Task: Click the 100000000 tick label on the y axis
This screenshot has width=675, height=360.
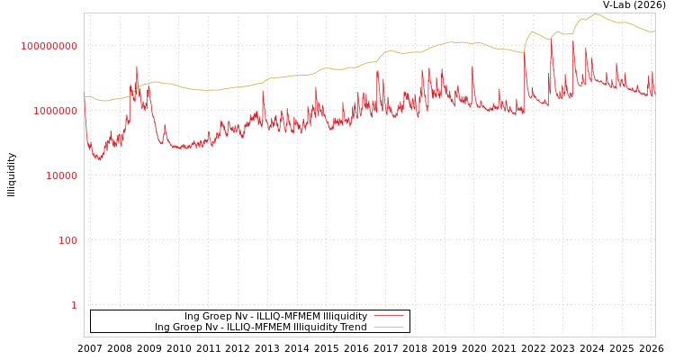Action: (49, 46)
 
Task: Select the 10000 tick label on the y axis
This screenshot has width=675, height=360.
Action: (61, 175)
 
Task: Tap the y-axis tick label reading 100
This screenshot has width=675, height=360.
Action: (67, 240)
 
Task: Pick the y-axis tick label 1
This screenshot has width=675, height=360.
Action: (74, 305)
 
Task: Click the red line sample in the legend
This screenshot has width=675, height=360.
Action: (388, 317)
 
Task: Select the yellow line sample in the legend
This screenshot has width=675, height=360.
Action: (388, 328)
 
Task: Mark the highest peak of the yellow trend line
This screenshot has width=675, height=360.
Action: (595, 13)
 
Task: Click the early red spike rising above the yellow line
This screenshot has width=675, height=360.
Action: (137, 67)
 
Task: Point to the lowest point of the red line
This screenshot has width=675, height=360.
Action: (100, 160)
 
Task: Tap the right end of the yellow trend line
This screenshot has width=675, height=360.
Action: (654, 31)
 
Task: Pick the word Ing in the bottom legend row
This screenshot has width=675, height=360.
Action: (163, 328)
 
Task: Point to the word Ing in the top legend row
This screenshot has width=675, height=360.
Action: (193, 317)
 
